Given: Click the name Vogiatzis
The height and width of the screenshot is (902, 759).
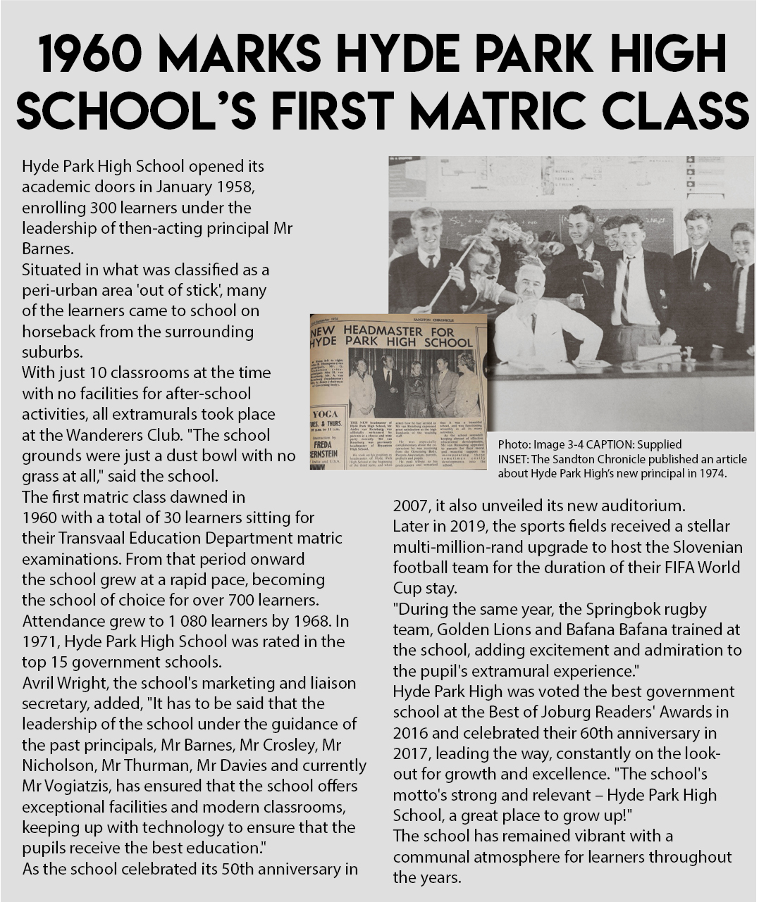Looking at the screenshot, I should point(78,787).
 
